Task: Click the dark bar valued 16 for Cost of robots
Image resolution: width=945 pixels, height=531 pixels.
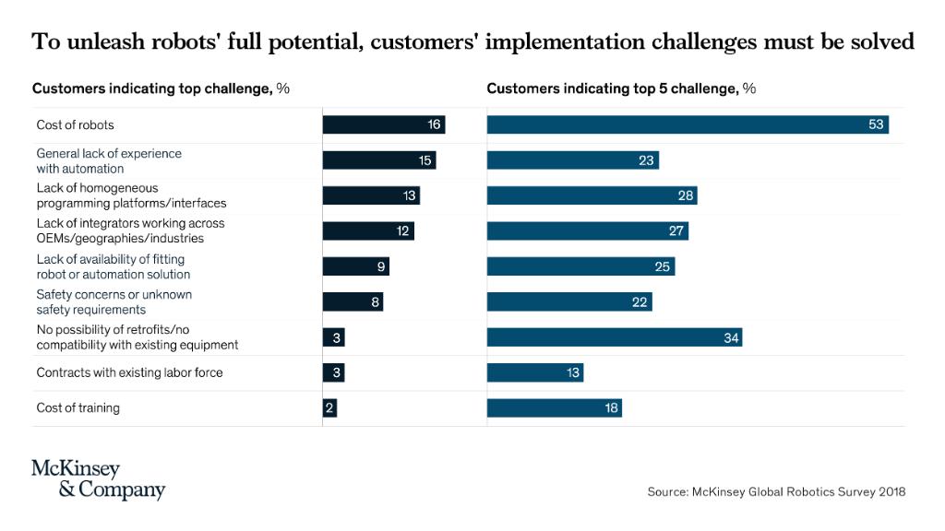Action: tap(383, 124)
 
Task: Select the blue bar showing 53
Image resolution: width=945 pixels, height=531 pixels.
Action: tap(688, 124)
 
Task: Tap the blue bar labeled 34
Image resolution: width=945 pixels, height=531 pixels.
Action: tap(614, 338)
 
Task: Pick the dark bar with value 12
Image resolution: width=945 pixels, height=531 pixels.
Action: tap(367, 231)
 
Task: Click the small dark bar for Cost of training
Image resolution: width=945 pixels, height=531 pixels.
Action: tap(329, 408)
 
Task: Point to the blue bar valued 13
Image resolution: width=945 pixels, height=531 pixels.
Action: tap(534, 373)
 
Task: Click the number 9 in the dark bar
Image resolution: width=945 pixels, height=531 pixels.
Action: tap(380, 267)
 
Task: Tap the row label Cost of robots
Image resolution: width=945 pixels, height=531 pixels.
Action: tap(75, 125)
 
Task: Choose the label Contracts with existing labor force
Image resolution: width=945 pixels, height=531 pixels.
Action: tap(129, 373)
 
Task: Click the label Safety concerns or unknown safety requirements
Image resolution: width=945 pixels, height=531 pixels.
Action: tap(114, 302)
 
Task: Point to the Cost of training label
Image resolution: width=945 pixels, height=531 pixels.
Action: tap(78, 408)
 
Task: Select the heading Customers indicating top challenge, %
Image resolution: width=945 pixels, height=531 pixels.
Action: tap(161, 89)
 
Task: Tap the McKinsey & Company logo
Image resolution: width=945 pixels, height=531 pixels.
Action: tap(98, 479)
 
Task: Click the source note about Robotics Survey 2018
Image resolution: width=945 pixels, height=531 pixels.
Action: tap(776, 492)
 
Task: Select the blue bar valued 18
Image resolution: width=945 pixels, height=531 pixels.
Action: tap(554, 408)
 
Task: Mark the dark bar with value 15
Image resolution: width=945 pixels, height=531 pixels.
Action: tap(378, 160)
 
